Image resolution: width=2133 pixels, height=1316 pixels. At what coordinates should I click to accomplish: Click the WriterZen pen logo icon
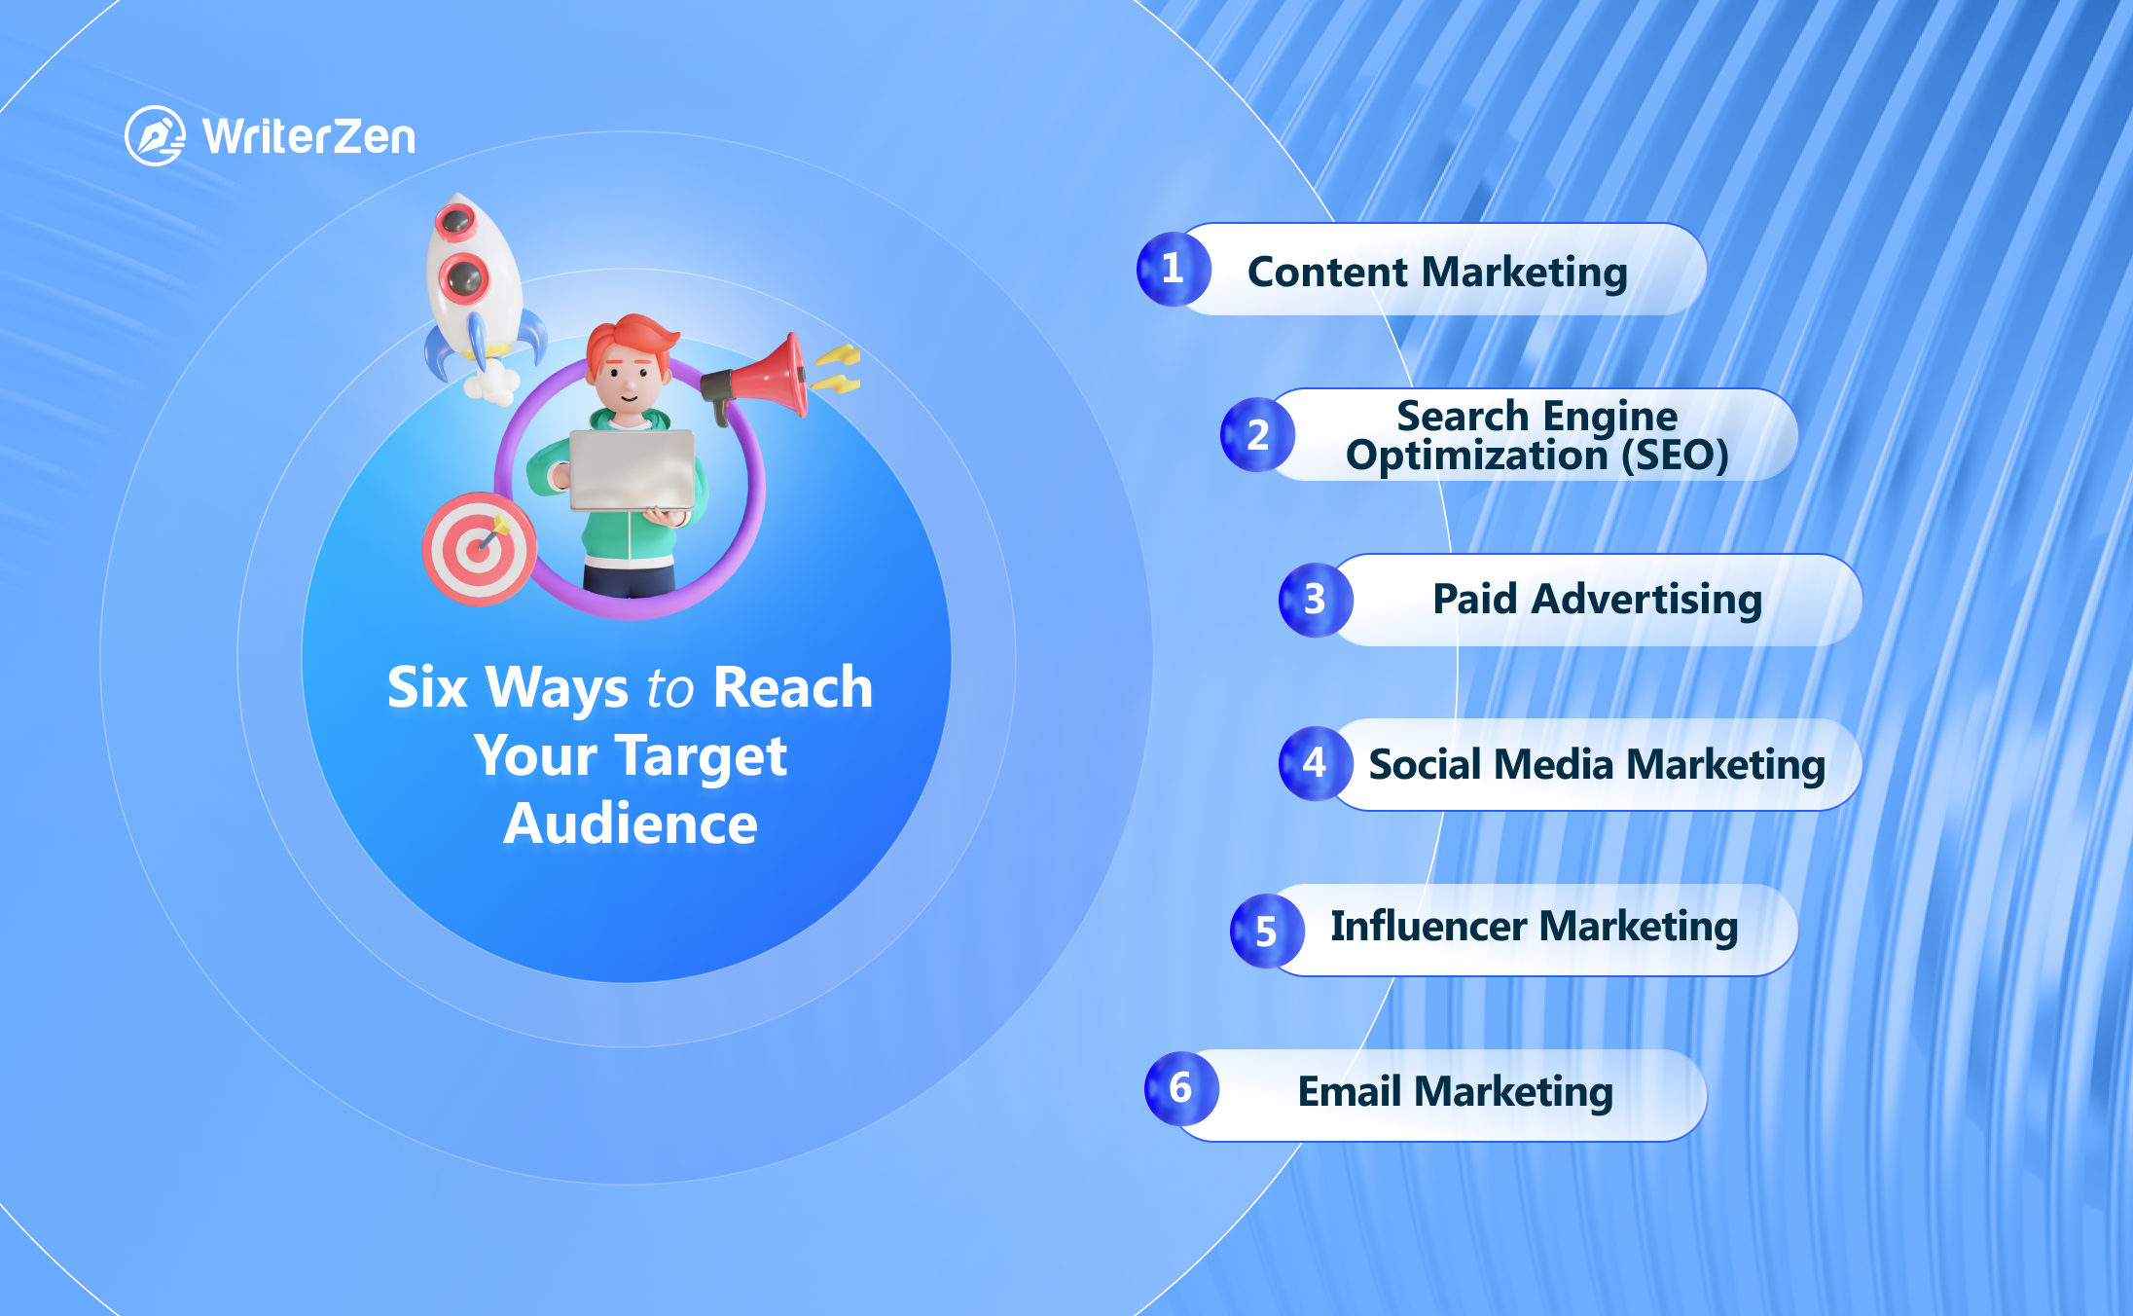[x=155, y=135]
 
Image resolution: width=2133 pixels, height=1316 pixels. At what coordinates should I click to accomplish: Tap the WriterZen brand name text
[x=309, y=136]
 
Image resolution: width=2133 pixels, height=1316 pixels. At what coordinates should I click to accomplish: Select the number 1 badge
[x=1174, y=269]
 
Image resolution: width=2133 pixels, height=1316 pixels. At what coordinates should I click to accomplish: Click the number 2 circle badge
[x=1258, y=434]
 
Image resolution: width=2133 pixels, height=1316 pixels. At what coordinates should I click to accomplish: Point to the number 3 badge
[x=1316, y=600]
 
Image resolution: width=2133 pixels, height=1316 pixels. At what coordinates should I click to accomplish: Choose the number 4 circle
[x=1316, y=764]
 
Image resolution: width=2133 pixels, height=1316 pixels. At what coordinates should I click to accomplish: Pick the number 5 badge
[x=1267, y=931]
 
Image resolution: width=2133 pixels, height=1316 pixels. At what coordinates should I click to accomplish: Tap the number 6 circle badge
[x=1181, y=1088]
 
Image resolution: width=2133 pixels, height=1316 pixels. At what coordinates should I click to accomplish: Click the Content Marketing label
[x=1437, y=272]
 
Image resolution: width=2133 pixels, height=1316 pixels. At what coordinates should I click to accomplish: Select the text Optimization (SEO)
[x=1536, y=456]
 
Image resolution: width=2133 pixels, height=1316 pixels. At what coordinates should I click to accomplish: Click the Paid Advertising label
[x=1597, y=600]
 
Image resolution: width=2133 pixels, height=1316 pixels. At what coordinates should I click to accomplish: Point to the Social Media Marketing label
[x=1597, y=765]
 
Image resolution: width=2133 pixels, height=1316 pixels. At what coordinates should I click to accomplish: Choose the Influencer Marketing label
[x=1534, y=927]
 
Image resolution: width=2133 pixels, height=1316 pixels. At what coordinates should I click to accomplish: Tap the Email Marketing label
[x=1455, y=1092]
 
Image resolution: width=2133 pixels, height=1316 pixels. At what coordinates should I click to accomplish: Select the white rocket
[x=476, y=292]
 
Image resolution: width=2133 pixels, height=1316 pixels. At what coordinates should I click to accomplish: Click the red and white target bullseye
[x=478, y=549]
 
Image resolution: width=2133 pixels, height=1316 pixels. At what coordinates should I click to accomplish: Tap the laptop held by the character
[x=633, y=471]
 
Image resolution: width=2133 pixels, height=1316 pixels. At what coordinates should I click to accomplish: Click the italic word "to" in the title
[x=669, y=689]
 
